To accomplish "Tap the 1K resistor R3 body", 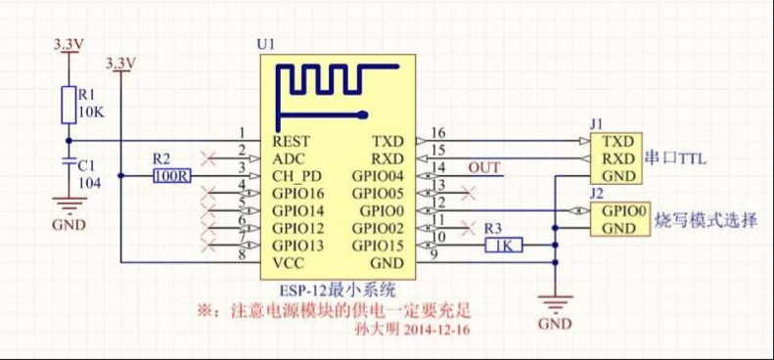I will [505, 246].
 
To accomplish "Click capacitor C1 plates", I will [68, 161].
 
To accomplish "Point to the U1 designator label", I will [264, 46].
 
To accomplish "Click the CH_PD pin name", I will [297, 175].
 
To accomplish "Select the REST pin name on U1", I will [293, 140].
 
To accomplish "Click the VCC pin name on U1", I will [290, 262].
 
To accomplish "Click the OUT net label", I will [483, 168].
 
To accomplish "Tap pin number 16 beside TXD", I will [437, 132].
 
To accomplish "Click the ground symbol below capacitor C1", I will [68, 206].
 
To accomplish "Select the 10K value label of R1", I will [90, 112].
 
